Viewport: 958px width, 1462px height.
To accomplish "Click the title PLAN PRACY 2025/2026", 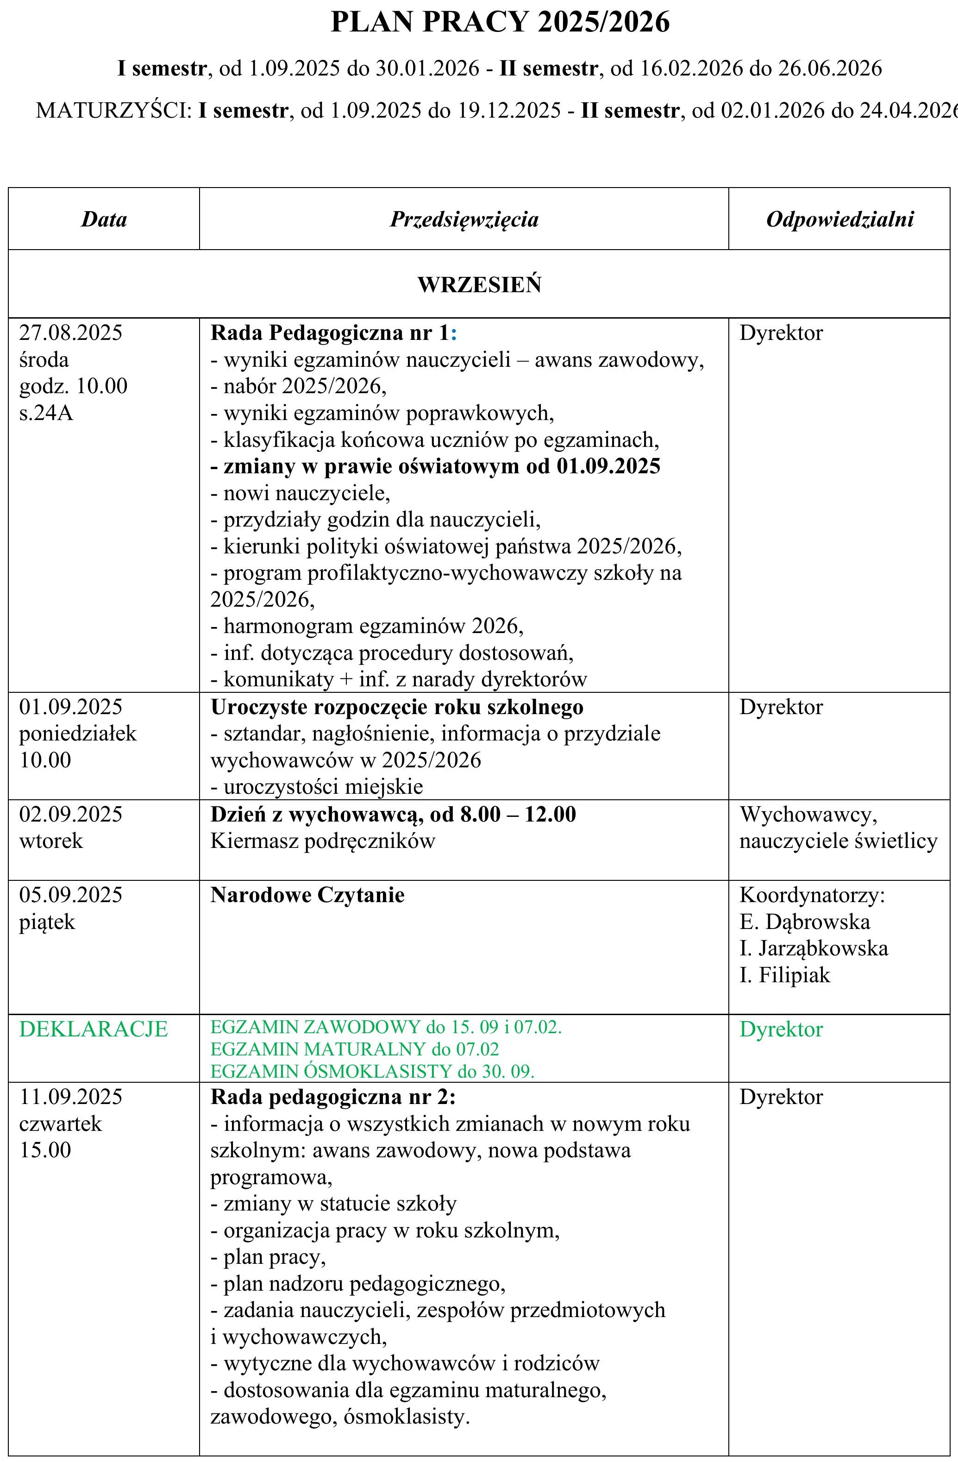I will [500, 23].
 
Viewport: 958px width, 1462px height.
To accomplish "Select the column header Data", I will [104, 220].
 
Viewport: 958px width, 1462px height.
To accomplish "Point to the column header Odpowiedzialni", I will [839, 220].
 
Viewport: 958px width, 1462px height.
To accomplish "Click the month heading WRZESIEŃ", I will [479, 285].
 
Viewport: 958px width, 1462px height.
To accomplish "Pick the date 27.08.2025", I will [71, 333].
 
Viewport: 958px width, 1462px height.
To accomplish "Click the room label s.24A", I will [46, 413].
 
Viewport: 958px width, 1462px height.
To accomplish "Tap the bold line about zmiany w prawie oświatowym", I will [435, 466].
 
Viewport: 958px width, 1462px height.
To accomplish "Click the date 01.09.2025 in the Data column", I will [71, 707].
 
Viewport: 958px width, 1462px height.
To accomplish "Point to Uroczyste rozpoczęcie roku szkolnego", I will [397, 707].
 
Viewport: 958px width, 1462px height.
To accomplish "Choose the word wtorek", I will [50, 841].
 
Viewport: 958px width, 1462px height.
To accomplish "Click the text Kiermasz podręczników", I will [322, 841].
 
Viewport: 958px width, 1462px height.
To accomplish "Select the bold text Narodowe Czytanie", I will [307, 895].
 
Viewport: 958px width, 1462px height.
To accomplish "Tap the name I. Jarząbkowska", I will [814, 948].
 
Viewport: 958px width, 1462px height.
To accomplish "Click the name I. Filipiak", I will [784, 975].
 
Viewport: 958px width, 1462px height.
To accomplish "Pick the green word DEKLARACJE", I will [94, 1029].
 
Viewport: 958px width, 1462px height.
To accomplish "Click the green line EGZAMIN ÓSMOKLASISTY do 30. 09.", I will [372, 1071].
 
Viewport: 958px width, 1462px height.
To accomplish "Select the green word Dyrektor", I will [781, 1029].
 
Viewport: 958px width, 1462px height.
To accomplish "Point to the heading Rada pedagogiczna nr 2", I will [333, 1097].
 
